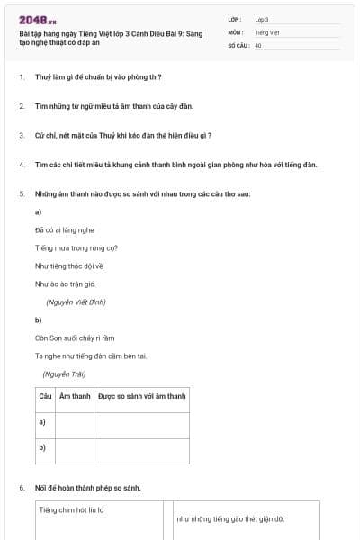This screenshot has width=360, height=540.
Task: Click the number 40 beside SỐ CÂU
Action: tap(258, 44)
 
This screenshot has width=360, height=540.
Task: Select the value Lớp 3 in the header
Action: tap(261, 19)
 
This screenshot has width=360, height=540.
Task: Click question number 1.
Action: tap(21, 77)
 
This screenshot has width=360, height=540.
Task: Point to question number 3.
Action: tap(21, 135)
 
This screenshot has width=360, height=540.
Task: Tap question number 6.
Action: tap(21, 488)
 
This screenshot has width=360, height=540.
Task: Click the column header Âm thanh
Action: tap(75, 396)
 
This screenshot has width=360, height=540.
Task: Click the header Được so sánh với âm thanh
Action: tap(141, 396)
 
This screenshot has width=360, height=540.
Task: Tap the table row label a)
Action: tap(42, 421)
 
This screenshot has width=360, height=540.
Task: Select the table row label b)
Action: tap(42, 446)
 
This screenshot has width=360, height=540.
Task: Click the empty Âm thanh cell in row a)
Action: tap(75, 422)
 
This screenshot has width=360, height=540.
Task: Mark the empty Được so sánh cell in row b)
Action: tap(141, 448)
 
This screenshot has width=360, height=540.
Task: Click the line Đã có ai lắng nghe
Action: tap(64, 230)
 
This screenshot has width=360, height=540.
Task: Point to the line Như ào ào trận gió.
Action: tap(65, 283)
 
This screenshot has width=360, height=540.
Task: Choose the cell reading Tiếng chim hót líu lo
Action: tap(72, 509)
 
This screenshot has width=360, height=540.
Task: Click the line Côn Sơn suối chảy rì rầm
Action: tap(75, 337)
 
